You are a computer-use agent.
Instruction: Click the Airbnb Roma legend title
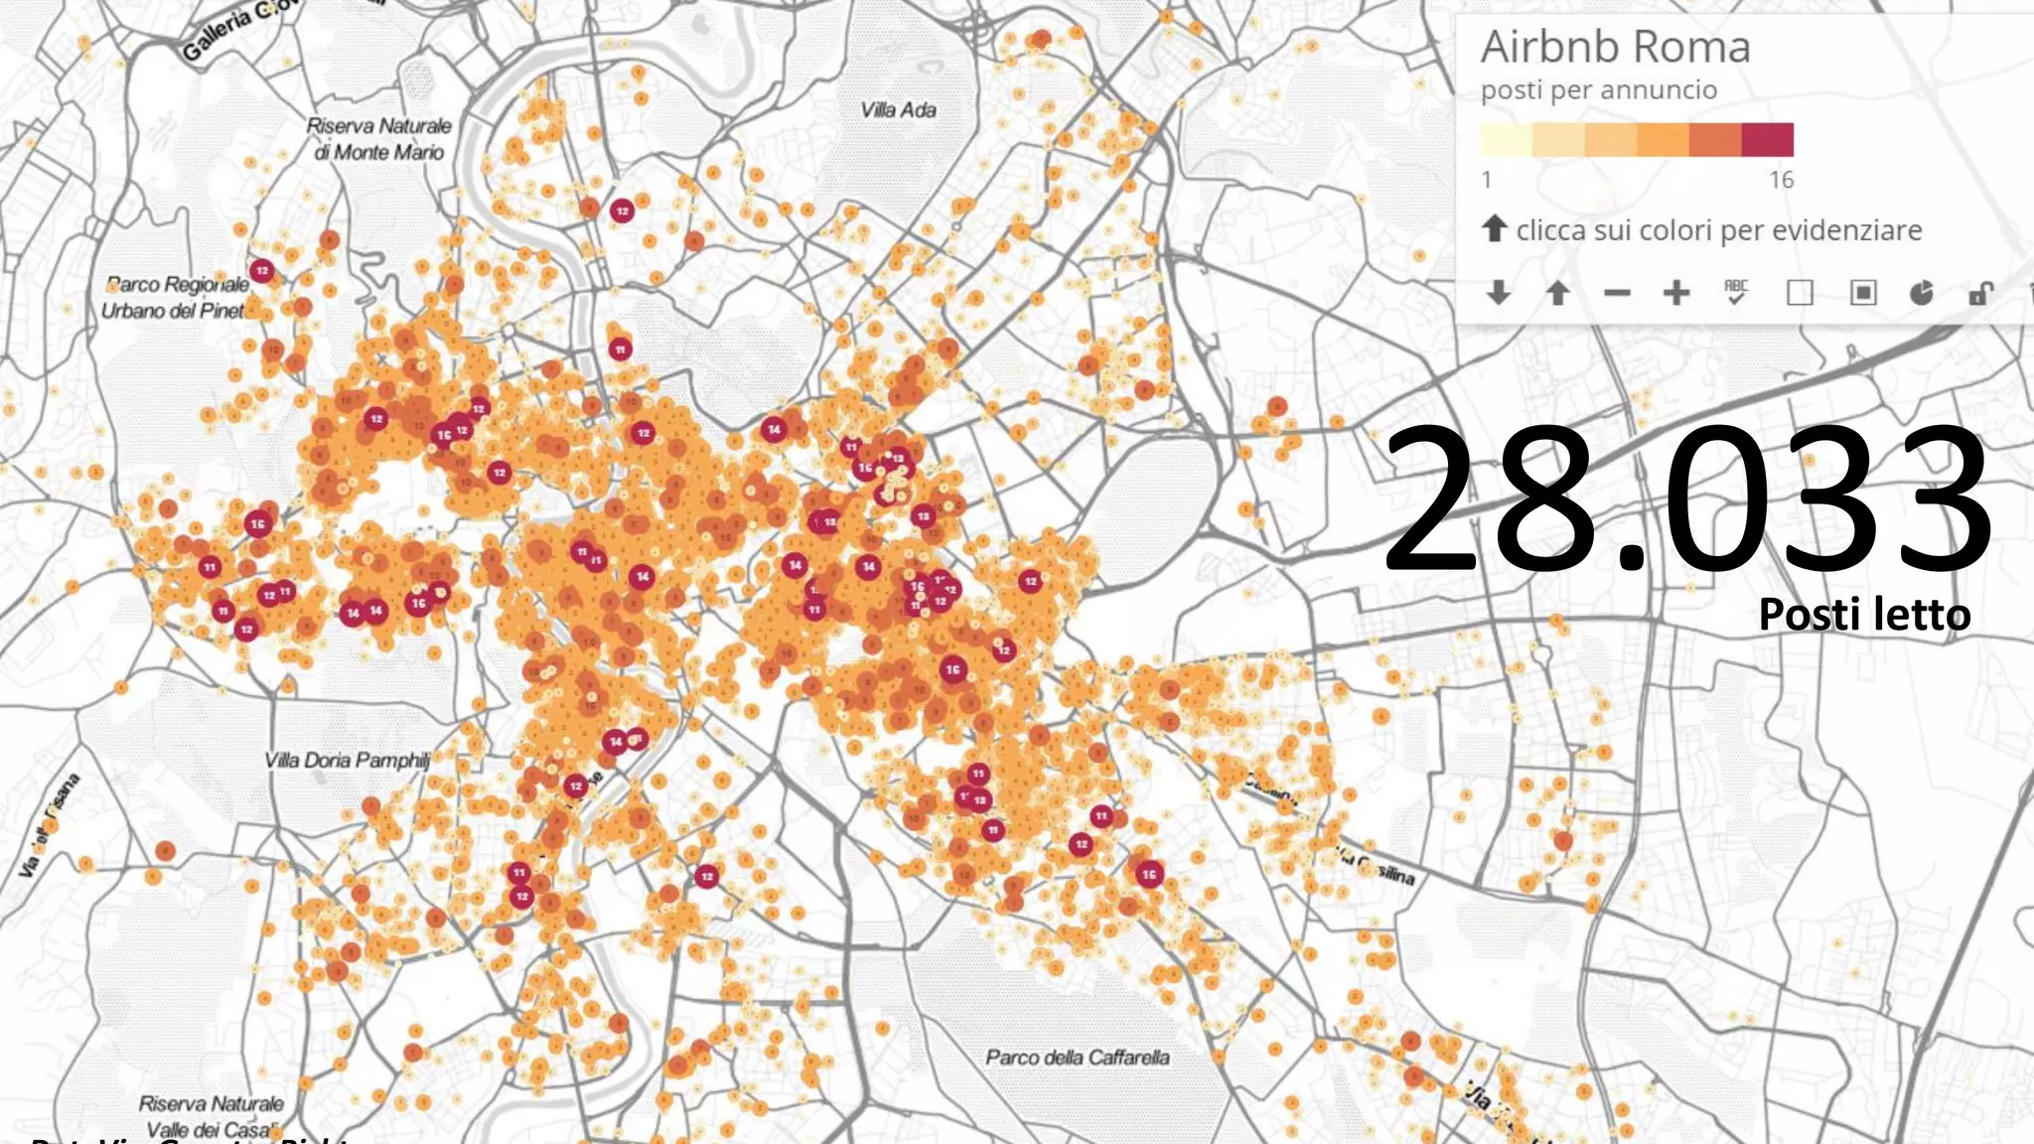tap(1615, 47)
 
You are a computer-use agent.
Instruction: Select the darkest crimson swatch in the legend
tap(1768, 139)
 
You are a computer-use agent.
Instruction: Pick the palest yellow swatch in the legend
tap(1506, 139)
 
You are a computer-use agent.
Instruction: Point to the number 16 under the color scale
tap(1781, 180)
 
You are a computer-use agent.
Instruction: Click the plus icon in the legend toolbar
tap(1676, 293)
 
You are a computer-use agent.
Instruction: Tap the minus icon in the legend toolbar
tap(1617, 293)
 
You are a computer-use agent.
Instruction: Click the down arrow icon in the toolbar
tap(1499, 293)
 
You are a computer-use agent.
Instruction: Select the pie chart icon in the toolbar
tap(1922, 293)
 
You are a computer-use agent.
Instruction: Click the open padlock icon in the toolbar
tap(1980, 293)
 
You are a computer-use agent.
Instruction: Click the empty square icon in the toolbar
tap(1800, 293)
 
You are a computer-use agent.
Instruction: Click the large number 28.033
tap(1686, 499)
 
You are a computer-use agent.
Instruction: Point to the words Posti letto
tap(1864, 615)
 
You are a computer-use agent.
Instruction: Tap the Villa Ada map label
tap(898, 110)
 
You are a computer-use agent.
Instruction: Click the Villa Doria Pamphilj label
tap(348, 761)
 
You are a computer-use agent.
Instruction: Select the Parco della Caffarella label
tap(1077, 1058)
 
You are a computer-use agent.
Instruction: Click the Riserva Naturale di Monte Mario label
tap(378, 139)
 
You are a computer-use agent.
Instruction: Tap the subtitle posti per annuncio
tap(1598, 90)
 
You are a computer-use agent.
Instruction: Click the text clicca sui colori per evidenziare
tap(1718, 230)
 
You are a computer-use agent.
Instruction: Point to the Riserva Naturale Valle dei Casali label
tap(211, 1116)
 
